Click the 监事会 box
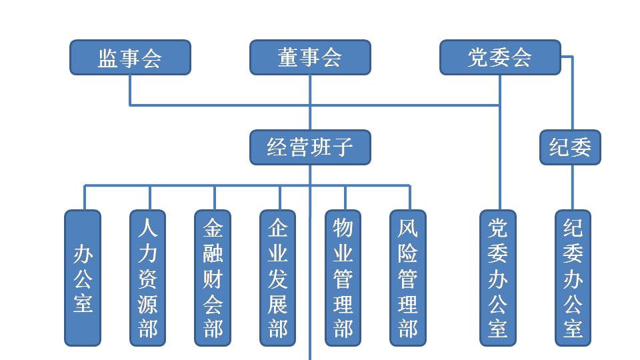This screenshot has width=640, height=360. click(x=130, y=57)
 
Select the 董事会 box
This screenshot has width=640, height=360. click(x=310, y=57)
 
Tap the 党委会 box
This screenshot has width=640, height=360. click(x=500, y=57)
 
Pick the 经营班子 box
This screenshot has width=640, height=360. click(x=310, y=147)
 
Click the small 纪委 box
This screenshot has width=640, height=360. click(x=570, y=147)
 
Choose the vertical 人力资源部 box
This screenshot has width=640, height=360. click(x=148, y=278)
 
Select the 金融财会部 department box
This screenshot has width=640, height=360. click(x=213, y=278)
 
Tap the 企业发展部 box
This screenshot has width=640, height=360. click(x=278, y=278)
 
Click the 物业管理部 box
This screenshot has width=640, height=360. click(x=343, y=278)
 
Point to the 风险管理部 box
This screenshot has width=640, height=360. click(x=408, y=278)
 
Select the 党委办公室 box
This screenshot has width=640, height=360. click(x=498, y=278)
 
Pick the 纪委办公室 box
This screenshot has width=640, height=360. click(x=573, y=278)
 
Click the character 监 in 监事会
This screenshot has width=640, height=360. click(x=109, y=58)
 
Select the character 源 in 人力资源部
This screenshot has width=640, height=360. click(x=148, y=304)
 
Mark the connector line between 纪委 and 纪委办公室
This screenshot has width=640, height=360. click(x=573, y=187)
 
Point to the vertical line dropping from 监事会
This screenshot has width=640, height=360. click(x=130, y=89)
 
